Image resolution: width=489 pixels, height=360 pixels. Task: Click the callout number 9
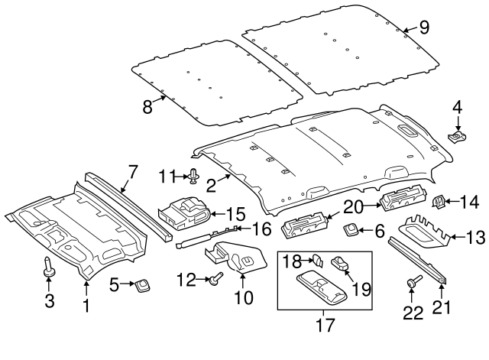[x=424, y=28]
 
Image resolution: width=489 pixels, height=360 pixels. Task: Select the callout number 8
[x=147, y=106]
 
